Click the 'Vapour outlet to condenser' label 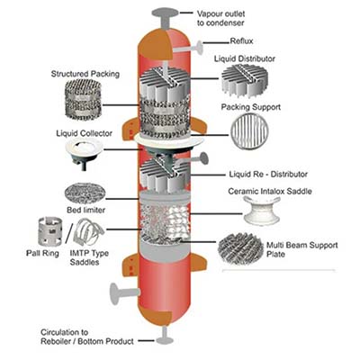[x=220, y=18]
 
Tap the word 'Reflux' [x=241, y=40]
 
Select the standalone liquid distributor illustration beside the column [x=244, y=80]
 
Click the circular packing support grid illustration [x=249, y=132]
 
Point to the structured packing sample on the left [x=83, y=101]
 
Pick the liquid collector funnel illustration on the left [x=84, y=152]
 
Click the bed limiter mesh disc [x=85, y=194]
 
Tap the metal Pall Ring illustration [x=50, y=231]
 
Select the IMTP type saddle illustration [x=87, y=232]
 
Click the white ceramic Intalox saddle [x=261, y=211]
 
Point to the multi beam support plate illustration [x=240, y=248]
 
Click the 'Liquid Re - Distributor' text [x=268, y=175]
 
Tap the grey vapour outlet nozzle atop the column [x=165, y=18]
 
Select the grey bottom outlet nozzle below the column [x=165, y=336]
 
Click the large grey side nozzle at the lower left [x=124, y=293]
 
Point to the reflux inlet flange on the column [x=199, y=46]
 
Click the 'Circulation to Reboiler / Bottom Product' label [x=87, y=337]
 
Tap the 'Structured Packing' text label [x=85, y=74]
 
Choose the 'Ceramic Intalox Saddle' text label [x=270, y=192]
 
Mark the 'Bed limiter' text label [x=85, y=210]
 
